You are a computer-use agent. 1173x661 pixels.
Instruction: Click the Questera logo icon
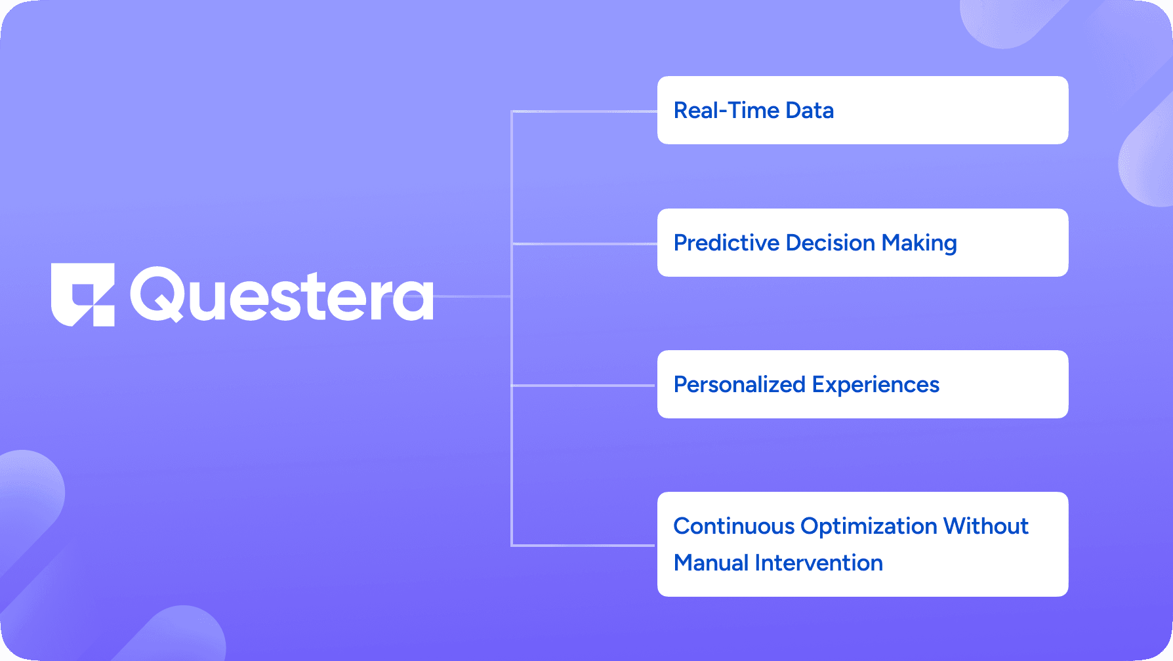click(83, 294)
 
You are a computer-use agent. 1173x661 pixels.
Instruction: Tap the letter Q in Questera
click(157, 294)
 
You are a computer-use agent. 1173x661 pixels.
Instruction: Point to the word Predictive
click(726, 243)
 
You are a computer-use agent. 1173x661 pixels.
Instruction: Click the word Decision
click(831, 243)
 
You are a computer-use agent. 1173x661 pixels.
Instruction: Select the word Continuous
click(734, 526)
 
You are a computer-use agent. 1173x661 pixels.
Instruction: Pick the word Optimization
click(869, 527)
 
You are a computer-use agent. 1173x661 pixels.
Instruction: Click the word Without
click(986, 526)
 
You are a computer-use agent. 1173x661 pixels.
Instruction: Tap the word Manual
click(711, 563)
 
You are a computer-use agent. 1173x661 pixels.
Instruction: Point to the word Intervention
click(819, 563)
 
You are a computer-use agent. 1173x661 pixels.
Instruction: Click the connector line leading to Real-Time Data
click(584, 111)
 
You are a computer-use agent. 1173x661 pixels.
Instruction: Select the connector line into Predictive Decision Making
click(584, 244)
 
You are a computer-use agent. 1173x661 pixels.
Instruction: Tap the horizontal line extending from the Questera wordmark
click(472, 296)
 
